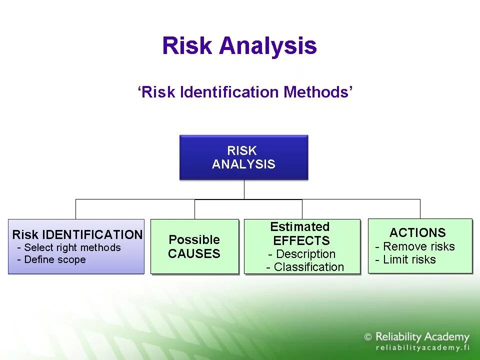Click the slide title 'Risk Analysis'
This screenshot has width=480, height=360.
click(239, 45)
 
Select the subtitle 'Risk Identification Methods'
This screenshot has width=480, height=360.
click(245, 92)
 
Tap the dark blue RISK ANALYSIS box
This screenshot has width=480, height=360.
click(243, 157)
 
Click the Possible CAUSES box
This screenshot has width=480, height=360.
click(194, 246)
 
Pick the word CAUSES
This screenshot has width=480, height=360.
click(194, 253)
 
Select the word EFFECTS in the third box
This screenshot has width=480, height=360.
click(301, 240)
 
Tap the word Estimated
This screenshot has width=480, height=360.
click(300, 227)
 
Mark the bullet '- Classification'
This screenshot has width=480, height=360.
click(305, 267)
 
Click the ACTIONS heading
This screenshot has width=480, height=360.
click(417, 232)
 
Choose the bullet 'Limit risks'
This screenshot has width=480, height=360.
click(405, 259)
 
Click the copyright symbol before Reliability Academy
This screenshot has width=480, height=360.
click(368, 337)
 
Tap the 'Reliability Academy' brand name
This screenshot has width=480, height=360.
click(422, 337)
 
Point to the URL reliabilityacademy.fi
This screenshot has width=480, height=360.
click(422, 348)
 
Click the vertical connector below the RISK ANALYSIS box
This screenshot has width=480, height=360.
click(244, 189)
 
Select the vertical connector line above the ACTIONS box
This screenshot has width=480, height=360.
click(420, 208)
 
